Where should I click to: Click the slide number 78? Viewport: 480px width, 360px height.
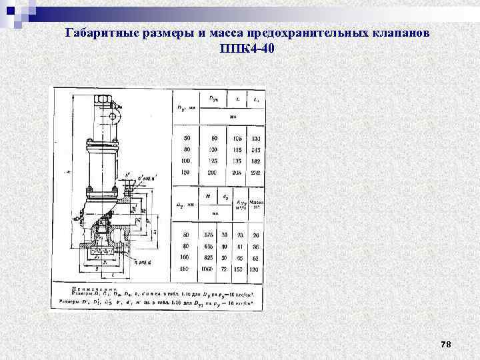446,344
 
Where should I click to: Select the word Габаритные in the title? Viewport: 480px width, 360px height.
103,33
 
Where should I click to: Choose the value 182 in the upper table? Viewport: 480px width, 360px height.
256,161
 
